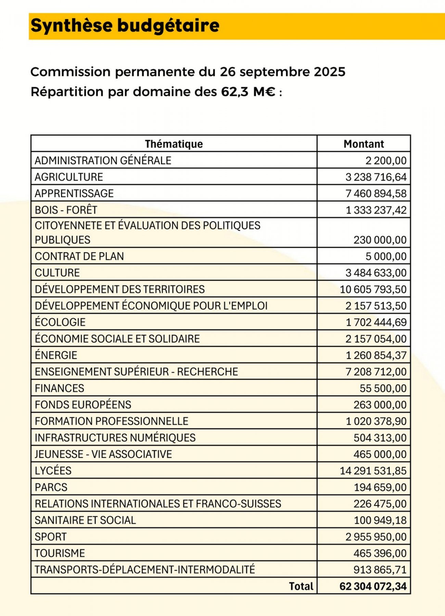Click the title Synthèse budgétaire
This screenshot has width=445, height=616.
[x=125, y=26]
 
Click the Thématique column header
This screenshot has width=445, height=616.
[x=174, y=144]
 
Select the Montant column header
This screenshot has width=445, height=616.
[x=364, y=144]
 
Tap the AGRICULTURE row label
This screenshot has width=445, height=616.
[x=69, y=177]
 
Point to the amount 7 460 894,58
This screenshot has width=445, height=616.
[x=376, y=193]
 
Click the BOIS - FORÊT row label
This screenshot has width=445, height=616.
[x=66, y=210]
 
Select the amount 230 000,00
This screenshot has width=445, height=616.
[x=380, y=240]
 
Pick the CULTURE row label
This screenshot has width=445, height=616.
[x=57, y=273]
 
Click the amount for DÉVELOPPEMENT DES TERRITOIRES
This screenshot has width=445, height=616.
[x=373, y=289]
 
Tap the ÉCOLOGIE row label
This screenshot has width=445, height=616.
[x=60, y=322]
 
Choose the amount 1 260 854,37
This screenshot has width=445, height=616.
[x=376, y=355]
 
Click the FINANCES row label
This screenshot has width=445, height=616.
[x=60, y=388]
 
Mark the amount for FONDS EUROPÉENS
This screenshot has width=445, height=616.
[x=380, y=405]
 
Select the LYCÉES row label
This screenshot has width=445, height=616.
[x=53, y=471]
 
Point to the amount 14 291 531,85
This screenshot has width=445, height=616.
[x=373, y=471]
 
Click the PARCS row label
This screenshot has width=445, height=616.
[x=51, y=487]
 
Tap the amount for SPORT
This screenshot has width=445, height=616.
[x=376, y=537]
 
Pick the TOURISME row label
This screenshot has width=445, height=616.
[x=60, y=553]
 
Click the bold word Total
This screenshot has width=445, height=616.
[x=301, y=586]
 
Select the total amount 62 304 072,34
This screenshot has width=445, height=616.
[x=373, y=586]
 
